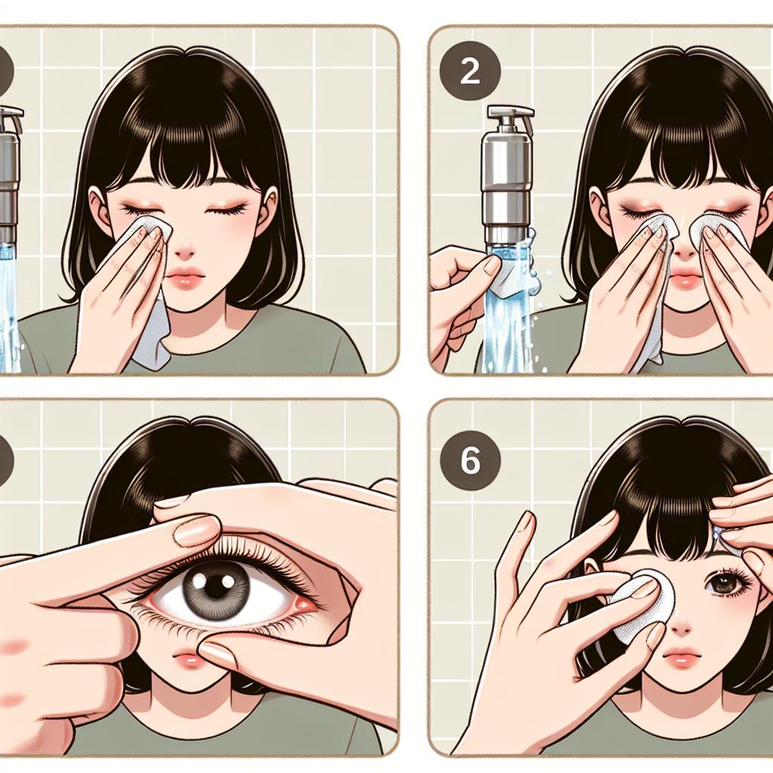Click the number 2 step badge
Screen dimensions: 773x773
(470, 72)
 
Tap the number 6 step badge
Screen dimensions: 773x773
(470, 460)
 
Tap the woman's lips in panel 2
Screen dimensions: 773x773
(685, 279)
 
